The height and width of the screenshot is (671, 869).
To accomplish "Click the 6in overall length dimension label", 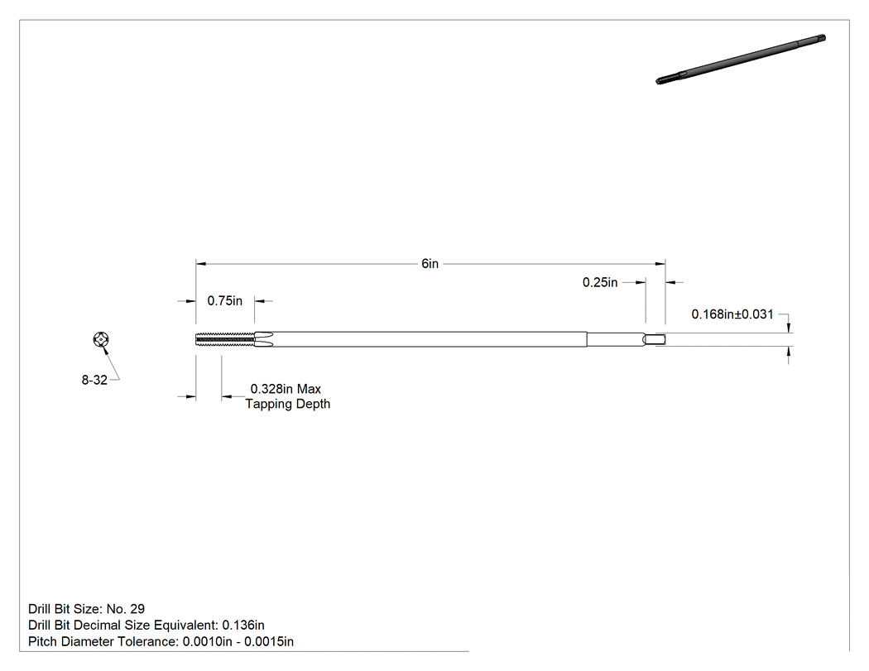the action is (x=430, y=264).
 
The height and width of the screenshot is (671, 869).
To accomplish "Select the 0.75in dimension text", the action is (x=224, y=301).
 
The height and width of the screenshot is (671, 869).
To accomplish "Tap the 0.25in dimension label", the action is (x=600, y=283).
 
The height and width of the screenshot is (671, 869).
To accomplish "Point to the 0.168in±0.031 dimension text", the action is (x=732, y=314).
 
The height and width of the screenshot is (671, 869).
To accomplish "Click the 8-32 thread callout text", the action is (x=94, y=380).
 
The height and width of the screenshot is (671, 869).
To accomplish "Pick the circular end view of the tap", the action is (x=101, y=339).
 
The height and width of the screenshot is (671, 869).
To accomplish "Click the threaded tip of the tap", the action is (x=225, y=339).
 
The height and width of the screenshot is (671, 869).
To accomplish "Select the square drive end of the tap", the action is (x=655, y=340).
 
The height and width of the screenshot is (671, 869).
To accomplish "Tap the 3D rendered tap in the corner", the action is (x=741, y=60).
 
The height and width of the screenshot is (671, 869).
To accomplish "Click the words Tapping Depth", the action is (x=288, y=404).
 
